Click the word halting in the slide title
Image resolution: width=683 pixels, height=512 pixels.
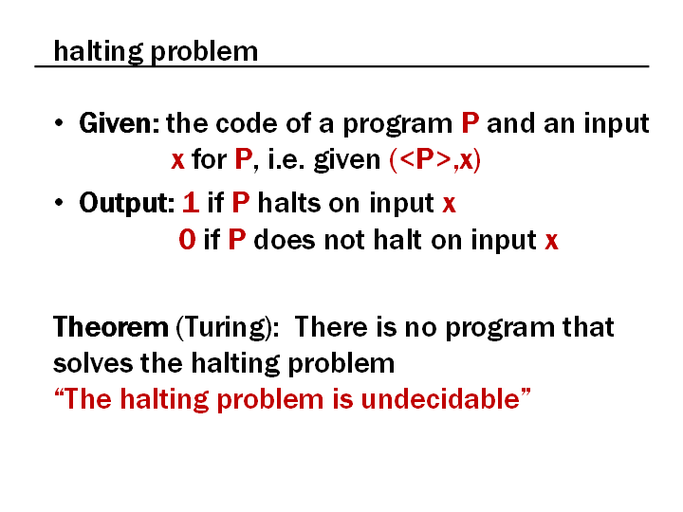click(x=98, y=52)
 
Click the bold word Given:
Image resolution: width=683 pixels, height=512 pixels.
click(x=119, y=123)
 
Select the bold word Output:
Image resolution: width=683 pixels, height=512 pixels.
click(x=127, y=203)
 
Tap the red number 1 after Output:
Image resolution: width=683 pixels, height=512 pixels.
click(x=191, y=203)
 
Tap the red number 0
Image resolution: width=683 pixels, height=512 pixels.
click(x=187, y=240)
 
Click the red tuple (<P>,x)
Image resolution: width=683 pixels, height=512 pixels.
click(x=434, y=160)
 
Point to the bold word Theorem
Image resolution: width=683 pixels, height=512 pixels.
click(x=111, y=327)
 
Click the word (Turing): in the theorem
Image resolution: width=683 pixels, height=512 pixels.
click(x=228, y=328)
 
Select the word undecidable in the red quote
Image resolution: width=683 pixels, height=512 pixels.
click(x=440, y=398)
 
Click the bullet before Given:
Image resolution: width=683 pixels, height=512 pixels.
click(x=59, y=122)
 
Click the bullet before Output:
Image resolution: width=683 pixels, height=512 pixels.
click(x=59, y=202)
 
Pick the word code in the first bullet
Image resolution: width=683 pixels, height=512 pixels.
click(x=247, y=123)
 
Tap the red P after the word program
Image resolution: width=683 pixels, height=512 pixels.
click(x=470, y=123)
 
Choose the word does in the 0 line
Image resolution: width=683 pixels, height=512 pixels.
click(x=284, y=240)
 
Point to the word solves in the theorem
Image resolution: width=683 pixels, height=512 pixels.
click(x=93, y=363)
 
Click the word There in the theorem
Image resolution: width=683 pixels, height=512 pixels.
click(x=331, y=327)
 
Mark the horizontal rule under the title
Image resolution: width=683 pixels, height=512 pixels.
click(x=341, y=66)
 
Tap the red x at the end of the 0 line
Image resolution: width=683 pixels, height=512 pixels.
click(x=551, y=241)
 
